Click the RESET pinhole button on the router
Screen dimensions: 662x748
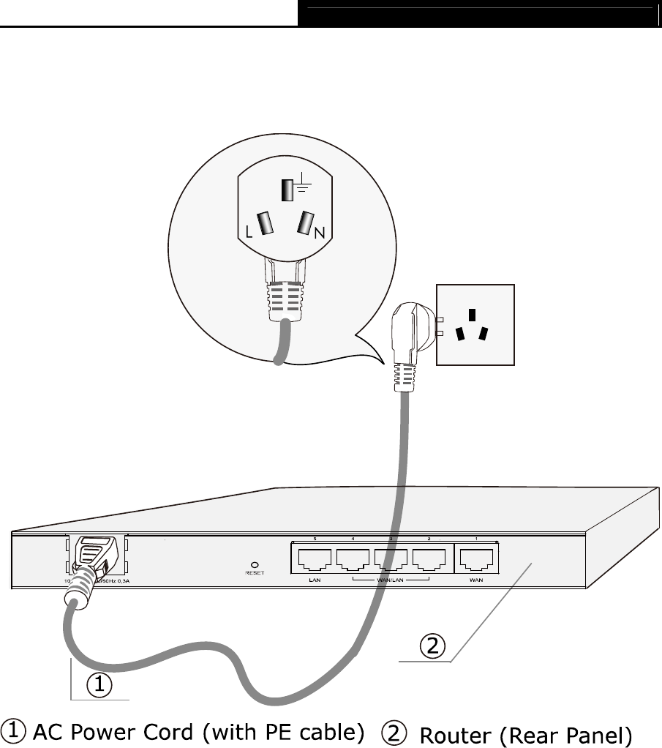(x=253, y=564)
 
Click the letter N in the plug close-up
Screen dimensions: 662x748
(x=319, y=233)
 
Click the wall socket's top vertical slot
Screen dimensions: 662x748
(x=473, y=315)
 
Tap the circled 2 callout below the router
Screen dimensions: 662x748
(x=432, y=646)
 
